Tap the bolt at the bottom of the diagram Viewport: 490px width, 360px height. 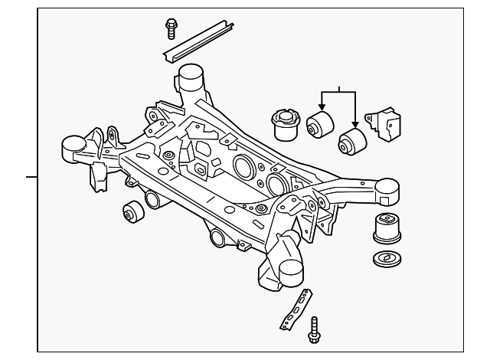click(315, 331)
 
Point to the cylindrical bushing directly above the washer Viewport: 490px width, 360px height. click(387, 228)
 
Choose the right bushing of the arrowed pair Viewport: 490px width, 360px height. click(353, 140)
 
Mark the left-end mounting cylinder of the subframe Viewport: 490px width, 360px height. click(73, 144)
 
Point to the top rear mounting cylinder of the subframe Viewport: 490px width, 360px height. click(191, 78)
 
